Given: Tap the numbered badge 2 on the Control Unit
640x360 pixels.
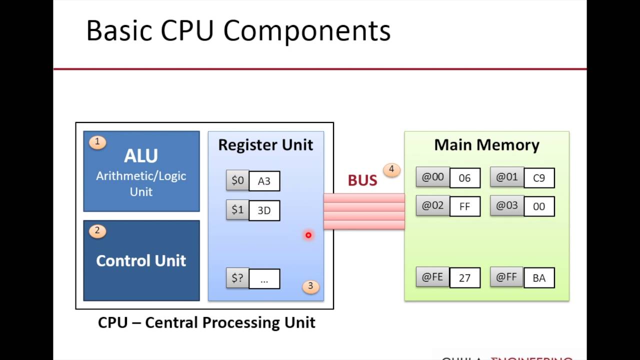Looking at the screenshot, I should pos(97,231).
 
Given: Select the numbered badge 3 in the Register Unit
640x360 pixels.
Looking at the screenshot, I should pos(310,286).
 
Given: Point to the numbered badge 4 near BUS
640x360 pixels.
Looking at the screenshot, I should pos(391,170).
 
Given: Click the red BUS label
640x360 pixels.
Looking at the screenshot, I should pos(362,180).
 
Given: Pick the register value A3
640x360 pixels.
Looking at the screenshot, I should pos(264,181).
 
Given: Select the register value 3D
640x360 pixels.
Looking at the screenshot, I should pos(264,210).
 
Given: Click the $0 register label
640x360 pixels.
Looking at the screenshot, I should pos(237,180).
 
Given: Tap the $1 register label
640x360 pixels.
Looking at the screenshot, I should pos(237,210).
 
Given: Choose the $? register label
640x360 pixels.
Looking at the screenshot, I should pos(237,278).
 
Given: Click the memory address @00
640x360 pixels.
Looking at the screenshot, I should pos(432,177).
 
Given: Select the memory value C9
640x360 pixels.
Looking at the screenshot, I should pos(539,178).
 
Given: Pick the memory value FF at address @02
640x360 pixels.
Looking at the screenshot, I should pos(464,206).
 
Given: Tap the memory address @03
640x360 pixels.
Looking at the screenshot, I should pos(506,205).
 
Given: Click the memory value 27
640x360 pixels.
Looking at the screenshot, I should pos(464,278).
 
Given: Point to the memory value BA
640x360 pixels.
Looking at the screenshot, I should pos(539,278).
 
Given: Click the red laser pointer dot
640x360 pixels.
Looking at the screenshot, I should pos(308,235).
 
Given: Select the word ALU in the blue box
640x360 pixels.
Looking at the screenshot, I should pos(141,156).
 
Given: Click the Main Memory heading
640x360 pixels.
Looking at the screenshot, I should pos(486,145).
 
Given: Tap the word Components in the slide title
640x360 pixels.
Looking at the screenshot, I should pos(306,31).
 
